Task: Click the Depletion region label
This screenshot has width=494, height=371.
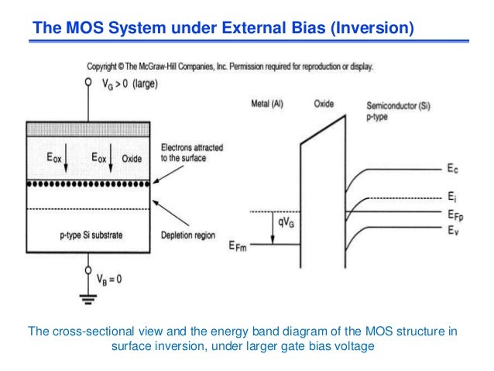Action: [x=190, y=235]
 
